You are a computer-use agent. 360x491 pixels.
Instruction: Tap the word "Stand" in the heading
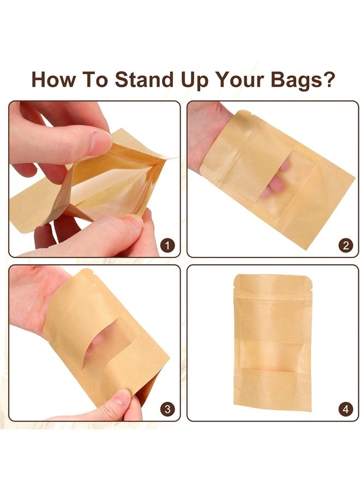pyautogui.click(x=142, y=80)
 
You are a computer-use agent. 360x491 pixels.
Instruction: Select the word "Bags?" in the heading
pyautogui.click(x=303, y=80)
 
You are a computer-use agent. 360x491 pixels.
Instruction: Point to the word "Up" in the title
pyautogui.click(x=193, y=80)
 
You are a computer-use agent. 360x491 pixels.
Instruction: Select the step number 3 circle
pyautogui.click(x=168, y=409)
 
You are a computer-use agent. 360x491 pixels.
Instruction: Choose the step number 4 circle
pyautogui.click(x=345, y=409)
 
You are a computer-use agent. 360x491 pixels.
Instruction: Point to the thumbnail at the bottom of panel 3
pyautogui.click(x=122, y=398)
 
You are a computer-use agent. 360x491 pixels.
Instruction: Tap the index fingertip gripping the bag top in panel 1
pyautogui.click(x=101, y=143)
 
